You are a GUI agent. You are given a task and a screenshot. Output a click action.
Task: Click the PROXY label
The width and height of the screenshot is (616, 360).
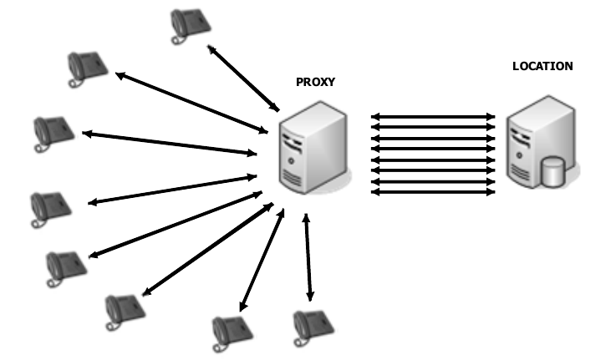point(314,82)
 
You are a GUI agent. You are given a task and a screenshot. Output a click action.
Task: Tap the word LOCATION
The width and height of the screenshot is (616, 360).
point(542,66)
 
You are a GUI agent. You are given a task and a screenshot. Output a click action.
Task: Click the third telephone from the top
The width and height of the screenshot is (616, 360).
point(53,133)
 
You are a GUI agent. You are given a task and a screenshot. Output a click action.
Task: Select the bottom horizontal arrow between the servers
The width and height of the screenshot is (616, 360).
point(432,192)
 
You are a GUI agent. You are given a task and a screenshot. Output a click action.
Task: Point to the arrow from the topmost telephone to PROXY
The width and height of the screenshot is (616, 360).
point(243,79)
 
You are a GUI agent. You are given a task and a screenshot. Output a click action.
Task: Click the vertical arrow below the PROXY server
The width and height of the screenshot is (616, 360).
point(309,255)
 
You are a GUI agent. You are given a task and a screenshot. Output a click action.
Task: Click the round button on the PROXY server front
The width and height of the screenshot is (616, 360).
point(290,159)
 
